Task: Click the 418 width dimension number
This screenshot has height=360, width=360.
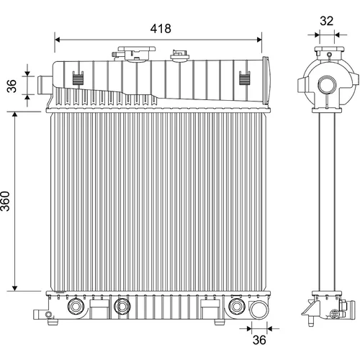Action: (x=161, y=29)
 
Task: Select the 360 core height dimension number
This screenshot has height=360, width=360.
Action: (x=5, y=201)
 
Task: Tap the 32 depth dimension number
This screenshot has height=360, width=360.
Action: (x=326, y=21)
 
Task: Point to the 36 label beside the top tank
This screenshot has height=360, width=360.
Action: (x=12, y=86)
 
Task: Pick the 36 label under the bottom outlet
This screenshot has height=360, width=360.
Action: (x=259, y=340)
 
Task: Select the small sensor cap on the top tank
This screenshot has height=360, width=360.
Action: (x=179, y=55)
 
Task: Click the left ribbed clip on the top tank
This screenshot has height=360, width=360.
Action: (x=78, y=78)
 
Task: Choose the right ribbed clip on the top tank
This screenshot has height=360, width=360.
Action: (x=245, y=78)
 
